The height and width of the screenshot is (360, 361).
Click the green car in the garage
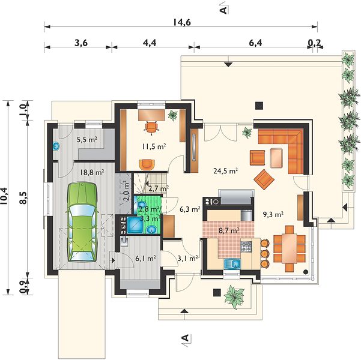[82, 222]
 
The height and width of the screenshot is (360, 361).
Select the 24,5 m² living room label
[225, 171]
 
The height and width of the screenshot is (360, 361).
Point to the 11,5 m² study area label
[154, 146]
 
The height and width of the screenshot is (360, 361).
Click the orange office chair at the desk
[151, 126]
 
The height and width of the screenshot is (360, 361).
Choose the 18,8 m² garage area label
[92, 172]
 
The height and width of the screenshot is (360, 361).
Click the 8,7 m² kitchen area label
[229, 230]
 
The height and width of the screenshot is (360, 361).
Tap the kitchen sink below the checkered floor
[232, 263]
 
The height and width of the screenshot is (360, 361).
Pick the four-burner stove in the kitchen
[246, 247]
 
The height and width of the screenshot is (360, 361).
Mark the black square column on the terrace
[259, 106]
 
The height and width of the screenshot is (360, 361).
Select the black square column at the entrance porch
[217, 293]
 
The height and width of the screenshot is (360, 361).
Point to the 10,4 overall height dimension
[4, 196]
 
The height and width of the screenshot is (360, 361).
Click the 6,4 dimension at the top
[255, 43]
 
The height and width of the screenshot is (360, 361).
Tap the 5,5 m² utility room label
[87, 139]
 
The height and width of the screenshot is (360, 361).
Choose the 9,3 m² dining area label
[273, 214]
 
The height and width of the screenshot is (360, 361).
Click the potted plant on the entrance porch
[234, 296]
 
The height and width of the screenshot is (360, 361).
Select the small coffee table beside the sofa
[276, 158]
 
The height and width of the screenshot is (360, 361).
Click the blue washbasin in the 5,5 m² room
[56, 146]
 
